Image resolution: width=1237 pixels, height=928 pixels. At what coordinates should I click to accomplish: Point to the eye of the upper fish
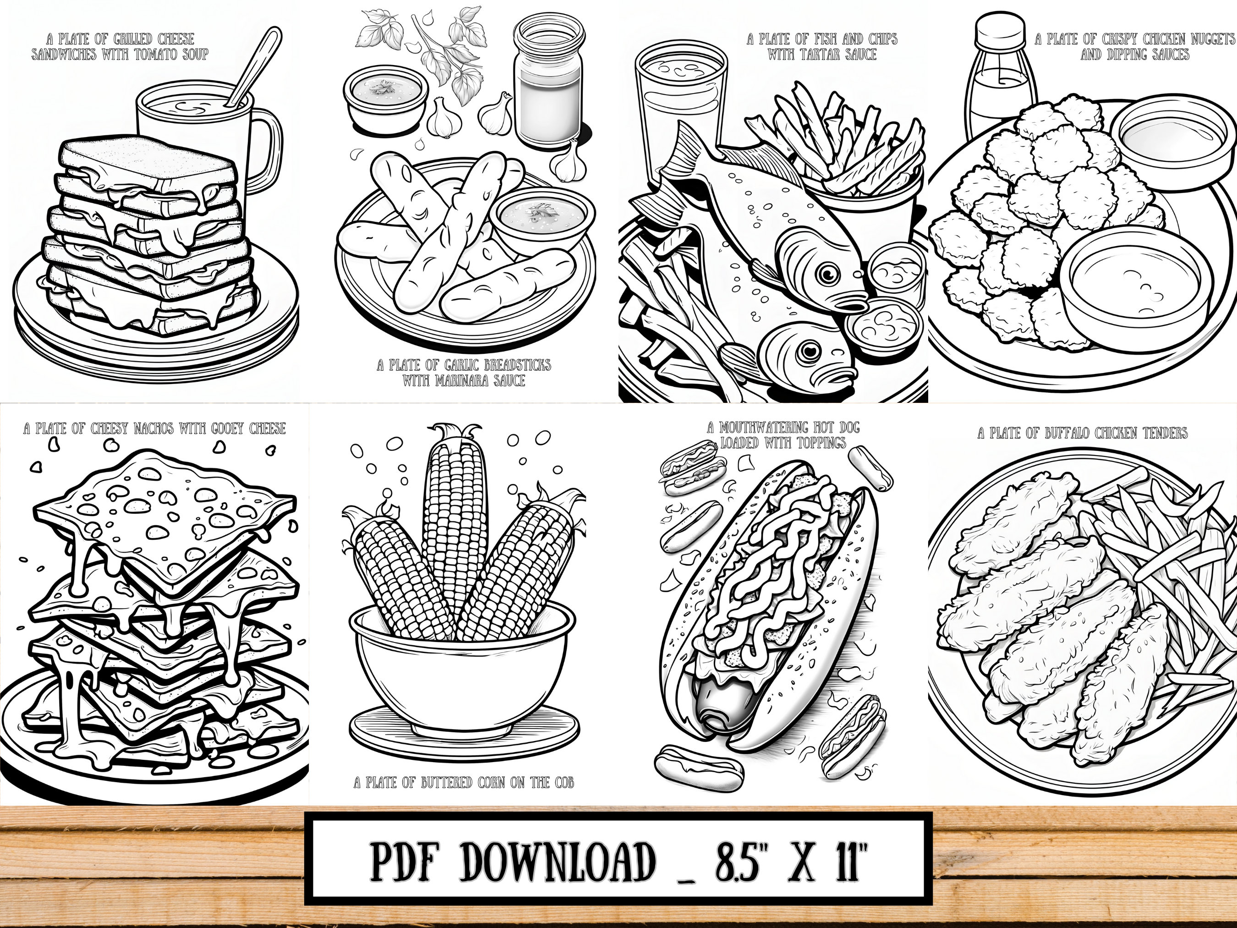[826, 274]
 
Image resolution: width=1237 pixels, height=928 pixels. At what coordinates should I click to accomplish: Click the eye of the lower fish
[808, 351]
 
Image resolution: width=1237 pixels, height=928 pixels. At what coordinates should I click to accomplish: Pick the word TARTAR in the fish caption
[831, 54]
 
